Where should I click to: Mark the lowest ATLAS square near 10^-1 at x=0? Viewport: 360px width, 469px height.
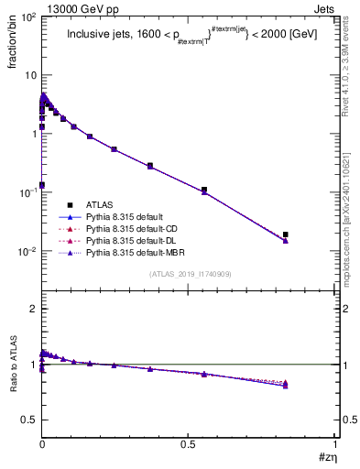pyautogui.click(x=42, y=185)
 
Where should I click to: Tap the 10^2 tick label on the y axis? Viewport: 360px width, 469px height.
pyautogui.click(x=28, y=16)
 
